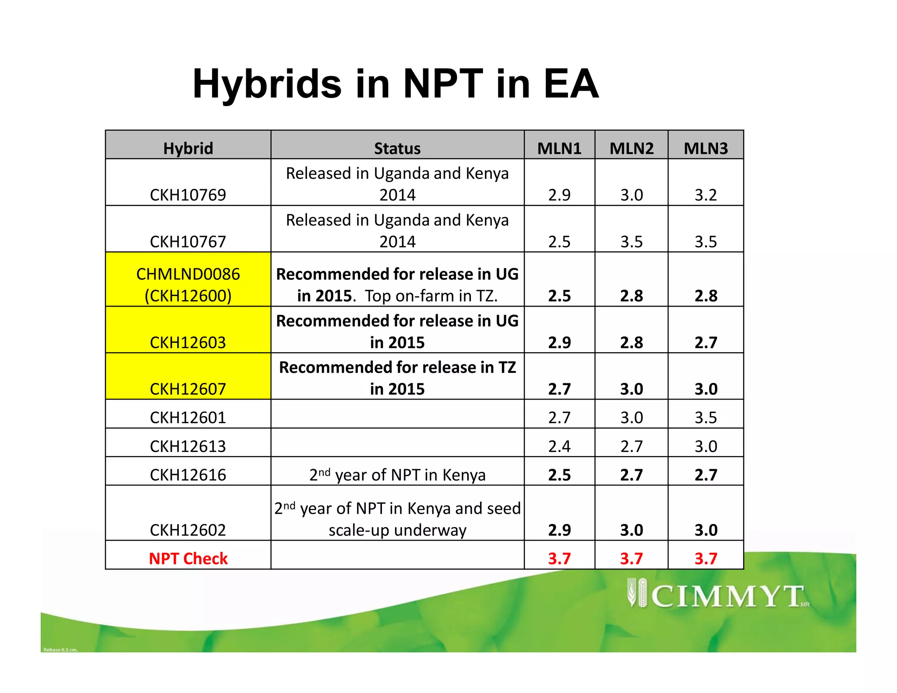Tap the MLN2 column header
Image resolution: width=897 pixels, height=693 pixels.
click(x=631, y=148)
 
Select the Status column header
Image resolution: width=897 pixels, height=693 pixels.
click(x=397, y=148)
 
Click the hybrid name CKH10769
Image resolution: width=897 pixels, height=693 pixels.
click(x=188, y=195)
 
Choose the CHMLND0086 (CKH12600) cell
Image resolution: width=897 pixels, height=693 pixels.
click(x=188, y=285)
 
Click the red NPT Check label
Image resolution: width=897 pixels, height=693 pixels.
click(x=188, y=559)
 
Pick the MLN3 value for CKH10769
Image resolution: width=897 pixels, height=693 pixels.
click(x=706, y=195)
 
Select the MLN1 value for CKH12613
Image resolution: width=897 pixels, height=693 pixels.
click(x=559, y=446)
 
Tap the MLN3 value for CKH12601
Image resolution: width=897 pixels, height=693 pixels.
click(x=706, y=417)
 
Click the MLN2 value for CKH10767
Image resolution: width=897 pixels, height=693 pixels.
click(x=631, y=242)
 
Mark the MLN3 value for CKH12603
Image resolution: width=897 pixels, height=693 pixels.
click(x=706, y=342)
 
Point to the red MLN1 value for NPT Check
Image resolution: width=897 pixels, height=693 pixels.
click(x=559, y=559)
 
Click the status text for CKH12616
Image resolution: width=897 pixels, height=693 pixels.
click(x=397, y=475)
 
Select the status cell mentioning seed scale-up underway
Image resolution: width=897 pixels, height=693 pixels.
click(x=397, y=519)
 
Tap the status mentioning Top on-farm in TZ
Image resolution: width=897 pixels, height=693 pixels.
click(x=397, y=285)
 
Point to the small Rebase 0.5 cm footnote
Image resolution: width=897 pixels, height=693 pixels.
click(x=60, y=650)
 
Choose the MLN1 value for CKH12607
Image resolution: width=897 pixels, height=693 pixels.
click(x=559, y=389)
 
